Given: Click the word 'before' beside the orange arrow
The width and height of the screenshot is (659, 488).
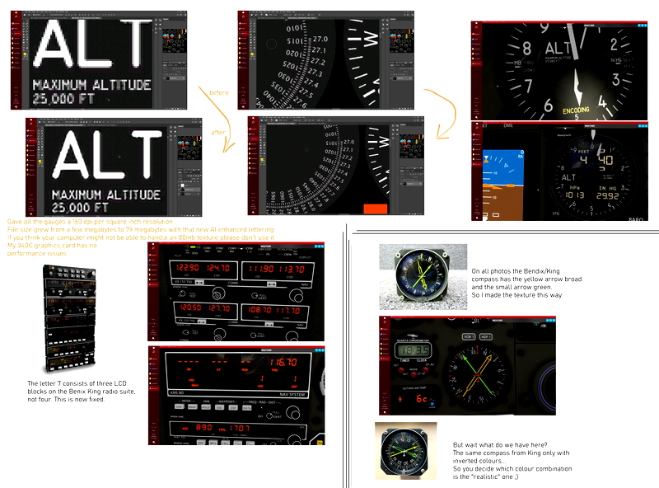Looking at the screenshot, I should pos(218,92).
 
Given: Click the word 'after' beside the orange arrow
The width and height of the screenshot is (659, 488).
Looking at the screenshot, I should pos(218,133).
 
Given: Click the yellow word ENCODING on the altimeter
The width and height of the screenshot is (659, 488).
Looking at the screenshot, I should pos(576,110).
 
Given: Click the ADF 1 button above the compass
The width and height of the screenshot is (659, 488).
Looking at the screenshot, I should pos(486,336).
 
